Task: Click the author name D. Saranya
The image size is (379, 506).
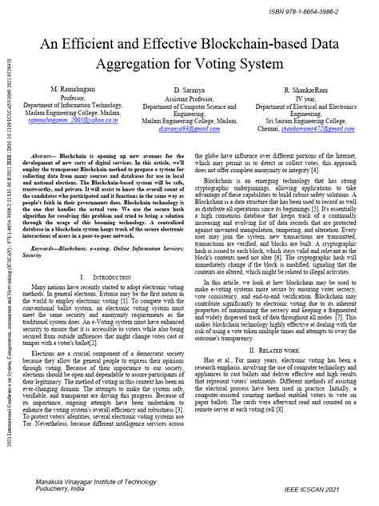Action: click(x=189, y=92)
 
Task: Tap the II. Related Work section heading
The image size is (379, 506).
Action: click(x=278, y=372)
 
